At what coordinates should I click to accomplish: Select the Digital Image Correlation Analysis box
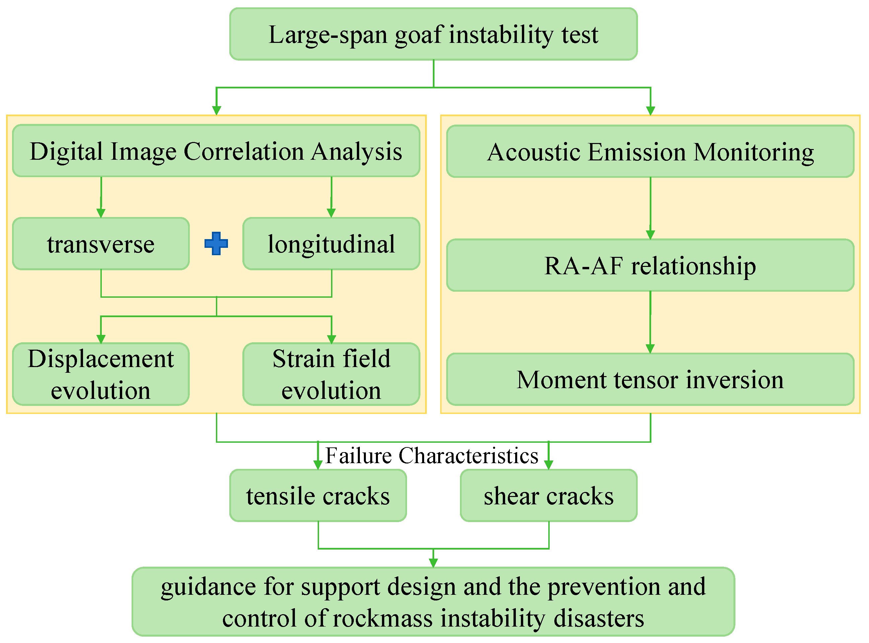(216, 151)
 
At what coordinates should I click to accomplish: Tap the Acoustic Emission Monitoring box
(650, 151)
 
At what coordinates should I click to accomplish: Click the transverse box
(101, 244)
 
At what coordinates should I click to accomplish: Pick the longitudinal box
(331, 244)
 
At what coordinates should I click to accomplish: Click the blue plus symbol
(216, 244)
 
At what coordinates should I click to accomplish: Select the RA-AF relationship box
(650, 266)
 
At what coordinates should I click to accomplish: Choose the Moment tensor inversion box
(650, 379)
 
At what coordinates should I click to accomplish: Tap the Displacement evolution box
(101, 374)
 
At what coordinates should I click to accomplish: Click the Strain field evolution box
(331, 374)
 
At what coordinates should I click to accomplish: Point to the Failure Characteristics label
(431, 455)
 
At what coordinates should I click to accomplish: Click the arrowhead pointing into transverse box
(101, 213)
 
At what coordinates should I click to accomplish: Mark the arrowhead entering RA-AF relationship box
(650, 235)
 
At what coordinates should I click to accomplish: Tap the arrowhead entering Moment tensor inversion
(650, 349)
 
